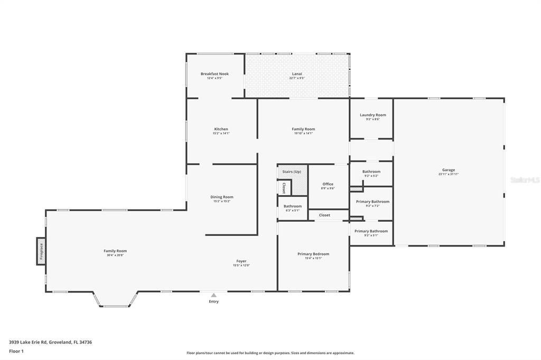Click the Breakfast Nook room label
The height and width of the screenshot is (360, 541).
[x=214, y=74]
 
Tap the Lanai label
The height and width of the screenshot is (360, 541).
[x=297, y=74]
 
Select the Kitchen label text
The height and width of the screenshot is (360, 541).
[x=221, y=129]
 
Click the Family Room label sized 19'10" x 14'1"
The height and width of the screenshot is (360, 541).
[x=303, y=129]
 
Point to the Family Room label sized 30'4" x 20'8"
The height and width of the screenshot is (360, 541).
[x=115, y=251]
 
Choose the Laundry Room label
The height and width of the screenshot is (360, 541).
[x=372, y=115]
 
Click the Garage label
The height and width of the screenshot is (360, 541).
[x=448, y=170]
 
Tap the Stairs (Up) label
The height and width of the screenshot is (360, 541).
[x=292, y=172]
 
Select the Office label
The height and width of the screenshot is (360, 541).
[x=328, y=184]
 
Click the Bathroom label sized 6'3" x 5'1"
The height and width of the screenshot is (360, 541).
[x=292, y=206]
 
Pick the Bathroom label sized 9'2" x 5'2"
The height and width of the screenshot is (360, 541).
[x=371, y=172]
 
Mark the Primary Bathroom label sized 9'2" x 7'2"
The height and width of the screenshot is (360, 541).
[x=372, y=202]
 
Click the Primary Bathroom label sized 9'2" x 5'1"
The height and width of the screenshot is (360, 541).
[x=371, y=231]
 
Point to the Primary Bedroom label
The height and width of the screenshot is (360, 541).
[x=313, y=254]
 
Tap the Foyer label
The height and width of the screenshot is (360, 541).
[x=241, y=261]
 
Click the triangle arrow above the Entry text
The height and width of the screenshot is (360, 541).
[x=213, y=296]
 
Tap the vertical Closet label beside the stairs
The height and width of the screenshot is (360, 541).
[x=283, y=188]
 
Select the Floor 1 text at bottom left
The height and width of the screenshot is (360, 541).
[x=16, y=351]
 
